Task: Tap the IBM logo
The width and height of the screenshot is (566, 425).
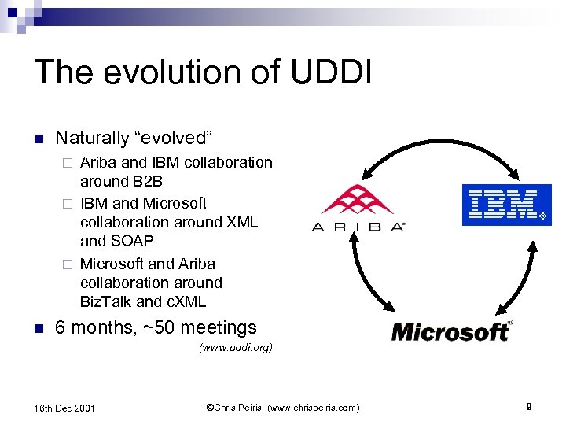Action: pos(506,205)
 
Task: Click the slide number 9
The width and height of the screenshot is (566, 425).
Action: pos(529,407)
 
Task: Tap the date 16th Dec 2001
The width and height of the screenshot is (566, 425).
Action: pos(65,408)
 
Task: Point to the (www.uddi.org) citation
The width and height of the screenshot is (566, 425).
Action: pos(236,347)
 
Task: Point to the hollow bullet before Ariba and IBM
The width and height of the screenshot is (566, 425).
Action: pos(68,164)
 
